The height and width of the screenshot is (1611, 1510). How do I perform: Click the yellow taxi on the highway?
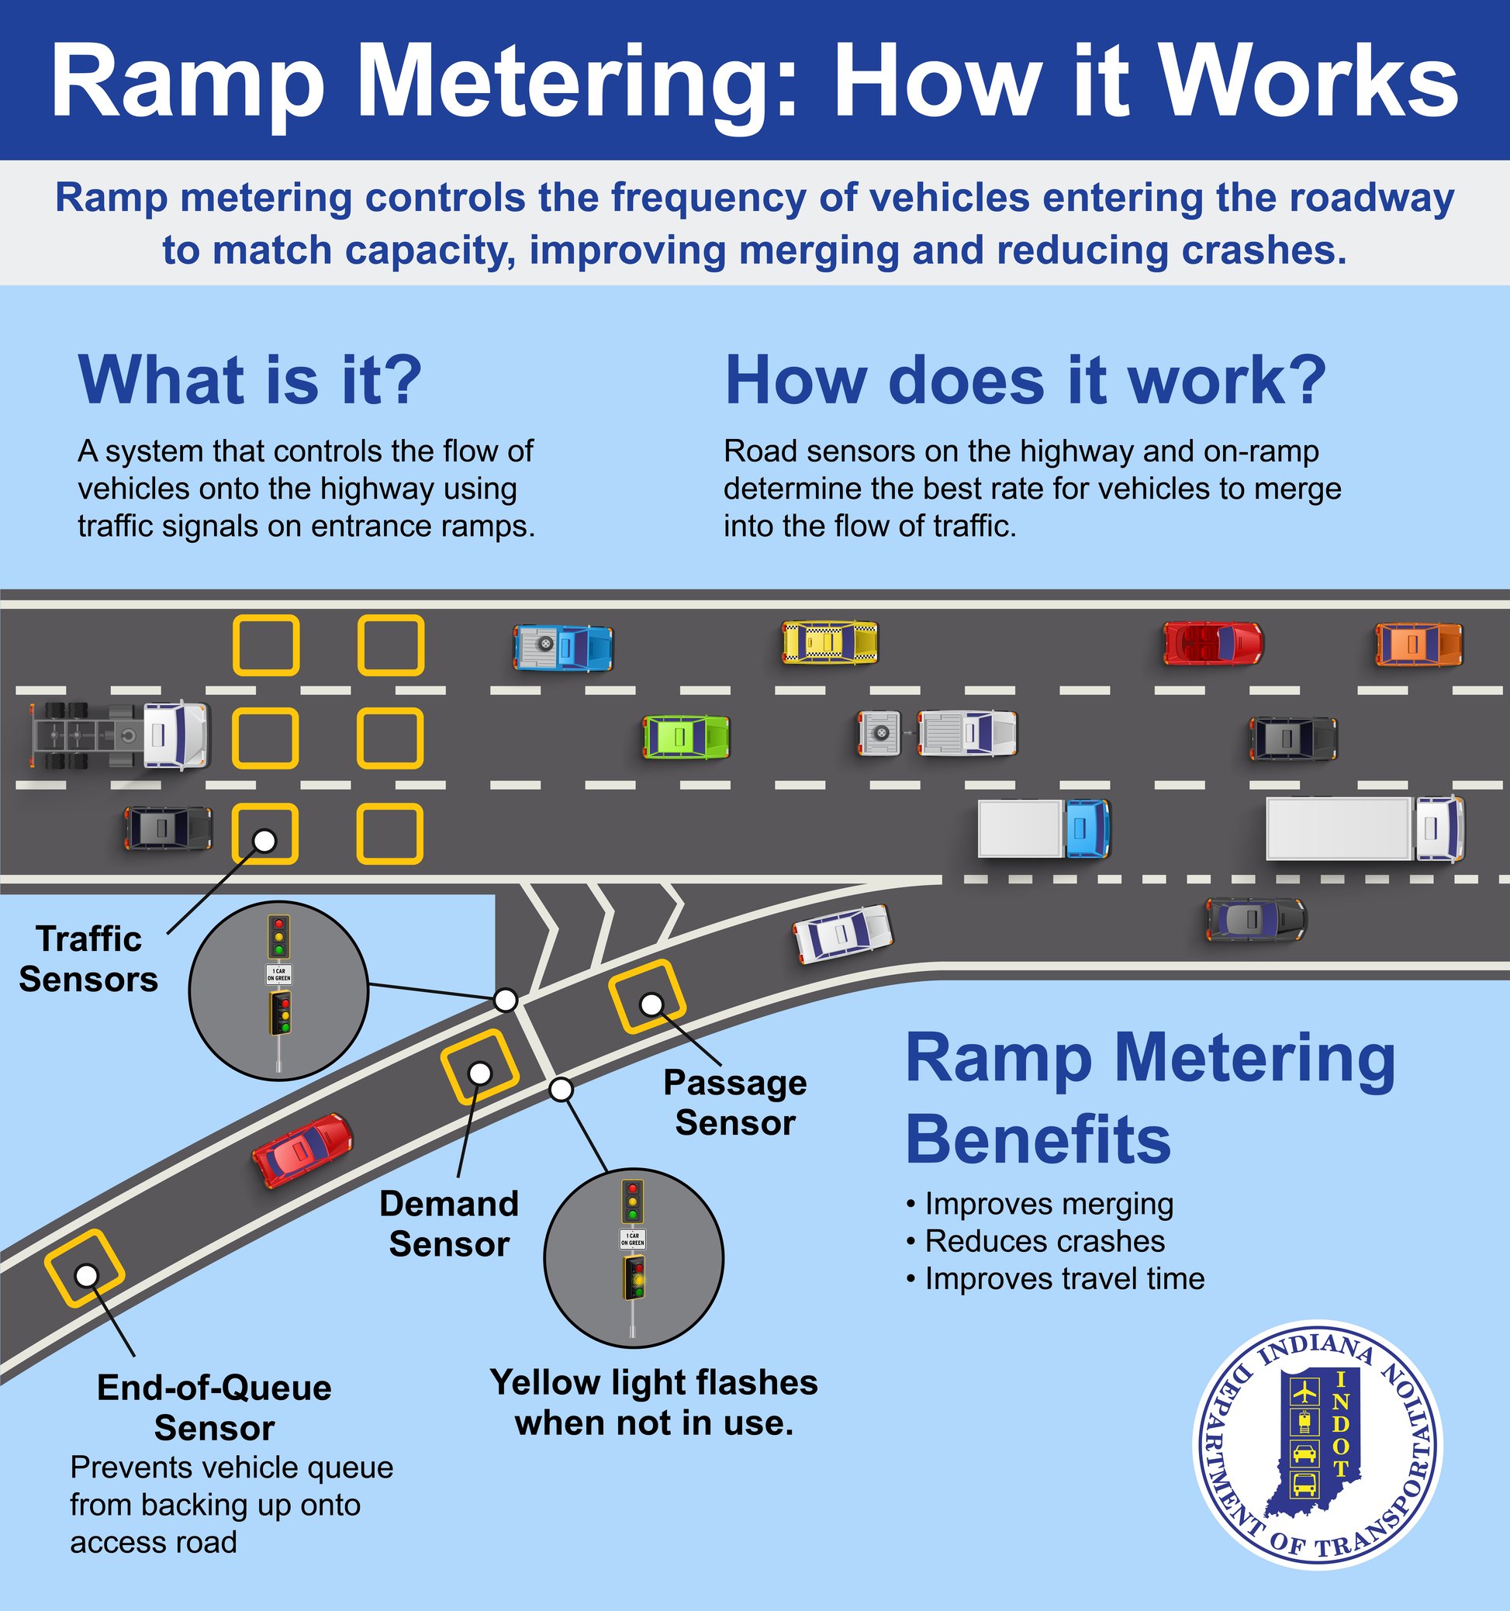point(830,643)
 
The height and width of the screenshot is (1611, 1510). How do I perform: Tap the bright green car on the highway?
point(686,737)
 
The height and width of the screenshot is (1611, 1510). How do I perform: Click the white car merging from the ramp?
point(843,934)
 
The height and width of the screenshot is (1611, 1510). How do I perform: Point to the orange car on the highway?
point(1418,645)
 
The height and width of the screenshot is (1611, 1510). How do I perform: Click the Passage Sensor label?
point(734,1102)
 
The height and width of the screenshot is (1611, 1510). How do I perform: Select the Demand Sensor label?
point(449,1224)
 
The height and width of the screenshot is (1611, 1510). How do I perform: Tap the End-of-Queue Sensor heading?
point(214,1408)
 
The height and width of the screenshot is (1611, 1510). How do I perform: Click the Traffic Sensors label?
point(88,959)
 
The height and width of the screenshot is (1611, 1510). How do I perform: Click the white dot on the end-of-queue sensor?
point(86,1275)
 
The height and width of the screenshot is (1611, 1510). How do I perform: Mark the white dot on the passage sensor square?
point(651,1004)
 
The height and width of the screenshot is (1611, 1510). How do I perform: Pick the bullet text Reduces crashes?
point(1044,1241)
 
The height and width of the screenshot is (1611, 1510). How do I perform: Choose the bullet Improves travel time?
point(1063,1278)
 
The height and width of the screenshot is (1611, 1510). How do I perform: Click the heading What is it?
point(251,379)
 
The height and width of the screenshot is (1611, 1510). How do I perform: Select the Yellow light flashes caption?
point(654,1402)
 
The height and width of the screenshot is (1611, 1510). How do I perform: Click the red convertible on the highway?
point(1213,644)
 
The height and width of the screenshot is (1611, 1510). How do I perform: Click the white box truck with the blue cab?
point(1043,828)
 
